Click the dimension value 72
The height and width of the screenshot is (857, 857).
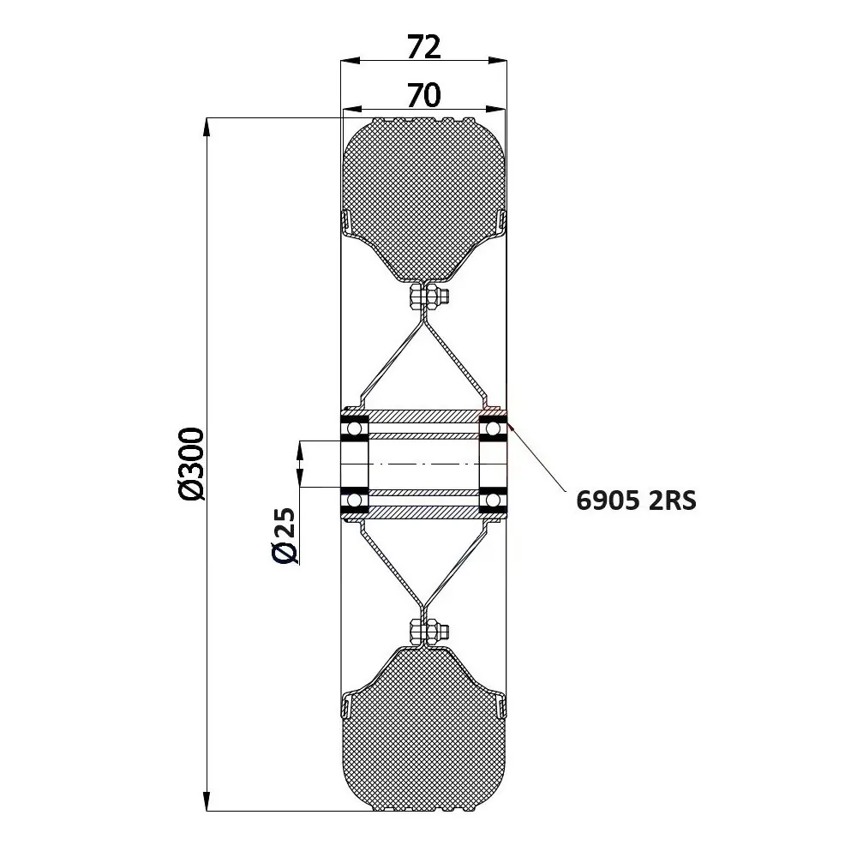(423, 47)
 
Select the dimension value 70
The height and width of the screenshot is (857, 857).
(423, 95)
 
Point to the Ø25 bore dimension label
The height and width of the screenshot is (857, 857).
(285, 536)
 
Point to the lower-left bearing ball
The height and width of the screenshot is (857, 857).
(354, 499)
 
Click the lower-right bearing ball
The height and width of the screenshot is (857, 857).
(493, 499)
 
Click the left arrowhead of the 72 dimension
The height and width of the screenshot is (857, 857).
(347, 61)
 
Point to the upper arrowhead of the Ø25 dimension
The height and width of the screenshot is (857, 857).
(299, 450)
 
